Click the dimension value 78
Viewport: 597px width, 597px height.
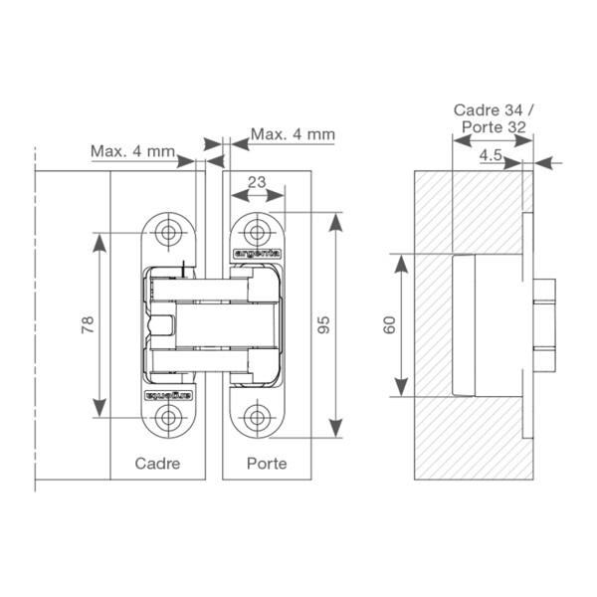pyautogui.click(x=88, y=324)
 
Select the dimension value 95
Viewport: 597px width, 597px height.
pyautogui.click(x=324, y=324)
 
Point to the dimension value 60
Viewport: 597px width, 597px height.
pyautogui.click(x=390, y=325)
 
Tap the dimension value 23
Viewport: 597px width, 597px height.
pyautogui.click(x=257, y=182)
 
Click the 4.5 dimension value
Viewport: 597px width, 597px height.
pyautogui.click(x=492, y=155)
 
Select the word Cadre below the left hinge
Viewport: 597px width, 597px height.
pyautogui.click(x=157, y=464)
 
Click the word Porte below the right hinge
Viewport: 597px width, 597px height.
pyautogui.click(x=267, y=464)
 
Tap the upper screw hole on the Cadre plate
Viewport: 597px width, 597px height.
pyautogui.click(x=168, y=232)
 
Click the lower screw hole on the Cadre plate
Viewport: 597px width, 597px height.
pyautogui.click(x=168, y=418)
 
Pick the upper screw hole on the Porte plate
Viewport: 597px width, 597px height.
pyautogui.click(x=257, y=232)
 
